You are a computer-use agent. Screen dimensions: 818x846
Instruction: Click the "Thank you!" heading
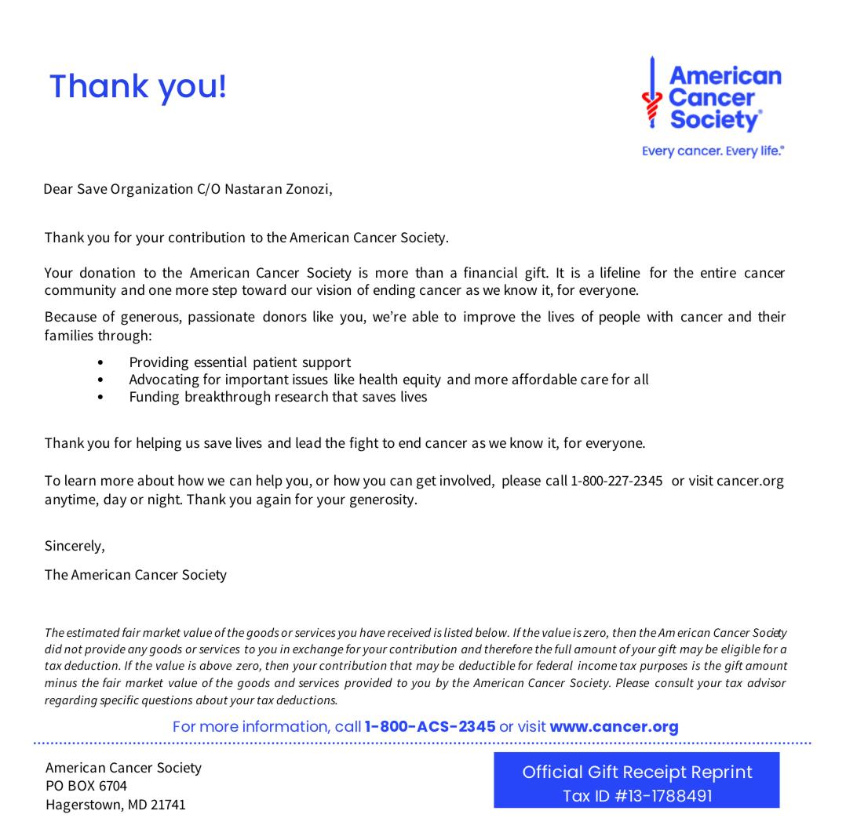pyautogui.click(x=137, y=86)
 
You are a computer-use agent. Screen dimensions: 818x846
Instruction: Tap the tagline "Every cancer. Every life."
pyautogui.click(x=713, y=151)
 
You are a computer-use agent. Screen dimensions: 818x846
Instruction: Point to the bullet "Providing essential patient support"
pyautogui.click(x=239, y=362)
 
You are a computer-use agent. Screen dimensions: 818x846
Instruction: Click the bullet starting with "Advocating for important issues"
pyautogui.click(x=388, y=380)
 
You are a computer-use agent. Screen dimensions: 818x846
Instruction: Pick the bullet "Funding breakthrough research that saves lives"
pyautogui.click(x=278, y=397)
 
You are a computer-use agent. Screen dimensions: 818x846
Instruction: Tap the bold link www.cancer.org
pyautogui.click(x=614, y=726)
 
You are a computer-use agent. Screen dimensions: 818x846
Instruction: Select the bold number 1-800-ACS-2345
pyautogui.click(x=430, y=726)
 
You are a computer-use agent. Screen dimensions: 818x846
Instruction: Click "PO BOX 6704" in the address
pyautogui.click(x=86, y=786)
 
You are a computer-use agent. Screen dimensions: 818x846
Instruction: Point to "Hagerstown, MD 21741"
pyautogui.click(x=115, y=804)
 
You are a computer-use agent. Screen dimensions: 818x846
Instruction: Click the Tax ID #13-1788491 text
pyautogui.click(x=637, y=796)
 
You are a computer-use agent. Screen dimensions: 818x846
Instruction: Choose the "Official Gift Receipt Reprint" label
pyautogui.click(x=637, y=772)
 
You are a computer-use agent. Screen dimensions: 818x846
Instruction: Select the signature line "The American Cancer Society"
pyautogui.click(x=136, y=575)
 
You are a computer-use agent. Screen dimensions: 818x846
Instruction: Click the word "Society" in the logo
pyautogui.click(x=714, y=120)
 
